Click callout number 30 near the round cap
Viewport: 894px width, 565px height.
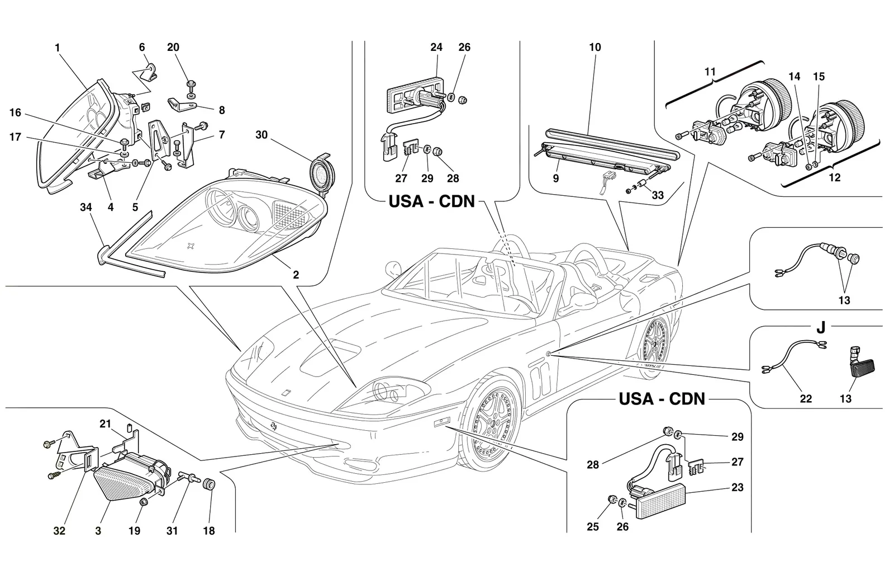click(x=261, y=135)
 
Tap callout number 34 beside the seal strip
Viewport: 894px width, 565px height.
click(x=86, y=208)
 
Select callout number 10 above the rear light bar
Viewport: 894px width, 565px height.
click(x=595, y=47)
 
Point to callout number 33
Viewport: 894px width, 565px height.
click(x=657, y=195)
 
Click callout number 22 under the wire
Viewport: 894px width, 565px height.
click(x=806, y=398)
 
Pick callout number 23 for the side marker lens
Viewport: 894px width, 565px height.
click(x=737, y=487)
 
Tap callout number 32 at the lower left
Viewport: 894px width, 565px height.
click(x=59, y=531)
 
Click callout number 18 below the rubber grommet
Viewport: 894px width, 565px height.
click(x=209, y=531)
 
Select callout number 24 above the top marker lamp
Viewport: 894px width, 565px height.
click(x=436, y=47)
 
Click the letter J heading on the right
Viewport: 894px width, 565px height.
click(x=821, y=328)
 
